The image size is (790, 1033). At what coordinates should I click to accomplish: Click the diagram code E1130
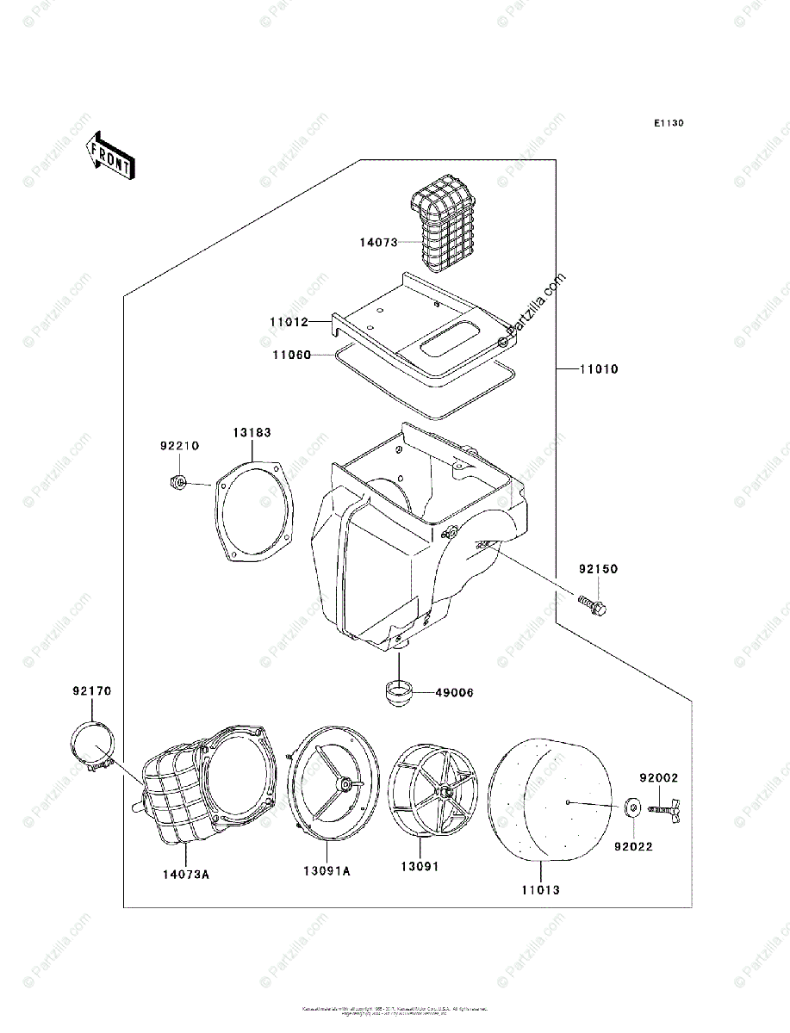pos(668,124)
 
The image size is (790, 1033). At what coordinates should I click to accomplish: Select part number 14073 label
pos(378,243)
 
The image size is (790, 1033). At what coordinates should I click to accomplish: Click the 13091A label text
pos(327,871)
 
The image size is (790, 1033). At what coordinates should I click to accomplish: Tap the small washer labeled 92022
pos(631,807)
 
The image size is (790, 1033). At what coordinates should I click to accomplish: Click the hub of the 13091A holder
pos(344,784)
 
